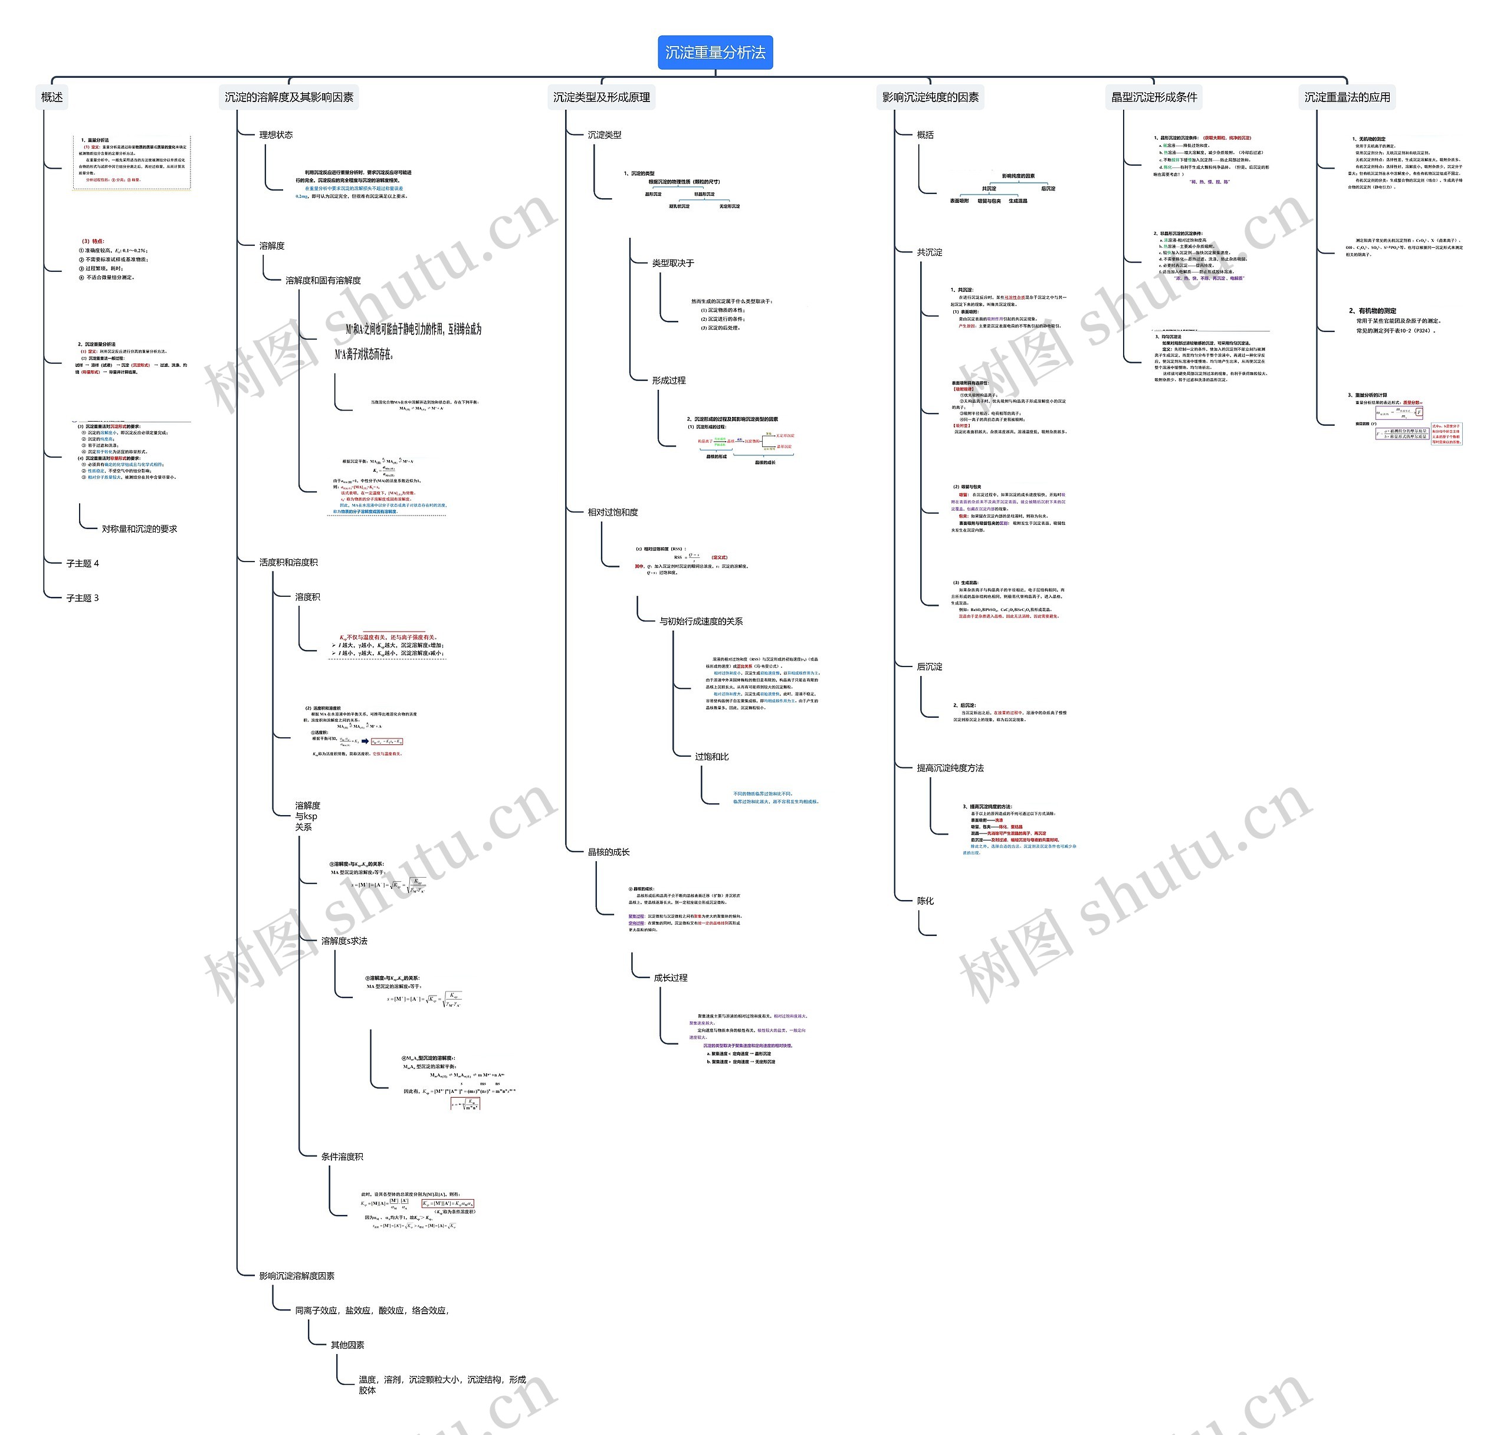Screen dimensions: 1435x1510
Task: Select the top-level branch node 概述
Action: point(52,97)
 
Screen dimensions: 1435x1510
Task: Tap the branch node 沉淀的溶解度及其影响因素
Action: point(288,97)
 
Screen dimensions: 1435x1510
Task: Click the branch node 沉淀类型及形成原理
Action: point(601,97)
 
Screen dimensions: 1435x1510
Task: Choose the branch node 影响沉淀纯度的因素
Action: point(930,97)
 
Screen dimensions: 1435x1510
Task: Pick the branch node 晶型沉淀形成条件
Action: point(1154,97)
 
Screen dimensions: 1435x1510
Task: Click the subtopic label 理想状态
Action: point(275,134)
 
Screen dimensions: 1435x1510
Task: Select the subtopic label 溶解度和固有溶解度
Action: point(323,281)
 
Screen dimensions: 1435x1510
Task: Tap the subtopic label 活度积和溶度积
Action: point(288,562)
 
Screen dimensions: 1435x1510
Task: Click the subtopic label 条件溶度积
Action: point(342,1157)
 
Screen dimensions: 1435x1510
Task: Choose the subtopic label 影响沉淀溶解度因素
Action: point(296,1276)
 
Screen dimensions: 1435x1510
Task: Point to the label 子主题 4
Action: point(83,564)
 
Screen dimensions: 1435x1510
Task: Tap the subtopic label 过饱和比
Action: point(711,757)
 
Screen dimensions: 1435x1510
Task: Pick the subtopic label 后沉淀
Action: point(930,667)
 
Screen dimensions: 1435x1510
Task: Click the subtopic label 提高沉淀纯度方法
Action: point(950,768)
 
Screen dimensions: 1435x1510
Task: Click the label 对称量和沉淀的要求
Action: point(139,528)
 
